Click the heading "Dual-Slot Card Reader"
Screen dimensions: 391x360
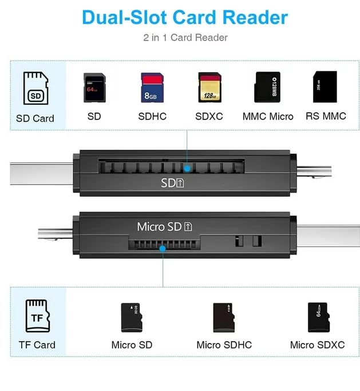[184, 17]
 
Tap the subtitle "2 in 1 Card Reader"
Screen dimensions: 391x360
[185, 38]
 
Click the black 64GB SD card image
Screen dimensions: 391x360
[93, 87]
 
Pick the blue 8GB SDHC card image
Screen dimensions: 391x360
[152, 87]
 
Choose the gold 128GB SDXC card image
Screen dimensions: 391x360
[209, 87]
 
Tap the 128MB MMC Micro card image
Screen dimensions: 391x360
[267, 87]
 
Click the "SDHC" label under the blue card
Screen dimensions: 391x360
[152, 117]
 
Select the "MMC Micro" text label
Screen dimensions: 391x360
[268, 117]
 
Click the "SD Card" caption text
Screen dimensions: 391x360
[35, 118]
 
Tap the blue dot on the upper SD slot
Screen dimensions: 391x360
[187, 168]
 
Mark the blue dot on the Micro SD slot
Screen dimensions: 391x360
[163, 249]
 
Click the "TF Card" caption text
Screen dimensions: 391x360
[37, 345]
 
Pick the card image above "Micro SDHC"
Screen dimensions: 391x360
[223, 317]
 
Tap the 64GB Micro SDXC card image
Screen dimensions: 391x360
[317, 317]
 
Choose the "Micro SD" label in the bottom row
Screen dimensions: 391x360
[132, 345]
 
